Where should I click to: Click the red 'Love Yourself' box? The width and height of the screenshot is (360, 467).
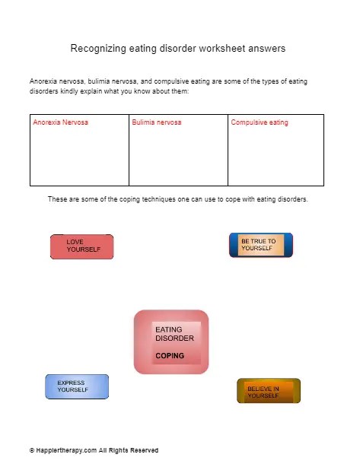(81, 246)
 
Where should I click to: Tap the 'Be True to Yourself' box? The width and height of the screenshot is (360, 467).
(260, 245)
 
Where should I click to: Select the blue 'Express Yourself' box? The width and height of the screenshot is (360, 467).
(77, 386)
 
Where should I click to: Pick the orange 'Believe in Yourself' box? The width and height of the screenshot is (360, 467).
(268, 391)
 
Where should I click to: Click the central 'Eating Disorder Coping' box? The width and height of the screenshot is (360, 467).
(170, 342)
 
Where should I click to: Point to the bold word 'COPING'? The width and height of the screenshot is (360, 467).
(169, 355)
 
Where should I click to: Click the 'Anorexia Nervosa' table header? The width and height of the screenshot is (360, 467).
(60, 122)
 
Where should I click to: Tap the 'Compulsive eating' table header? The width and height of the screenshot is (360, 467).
(259, 122)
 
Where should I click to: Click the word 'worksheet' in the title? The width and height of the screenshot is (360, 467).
(220, 49)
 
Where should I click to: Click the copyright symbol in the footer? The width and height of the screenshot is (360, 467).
(32, 450)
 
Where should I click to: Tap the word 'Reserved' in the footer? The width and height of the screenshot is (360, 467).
(144, 450)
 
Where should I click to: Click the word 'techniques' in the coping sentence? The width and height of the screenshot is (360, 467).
(141, 199)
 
